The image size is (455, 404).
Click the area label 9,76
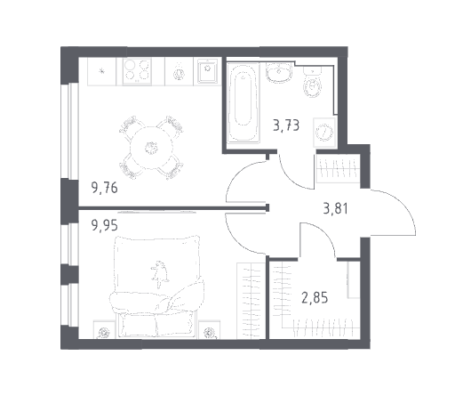(x=105, y=188)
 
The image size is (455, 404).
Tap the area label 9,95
(x=105, y=225)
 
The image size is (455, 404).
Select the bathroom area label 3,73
(x=286, y=125)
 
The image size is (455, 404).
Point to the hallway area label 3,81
(x=336, y=208)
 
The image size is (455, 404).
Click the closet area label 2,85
(x=315, y=298)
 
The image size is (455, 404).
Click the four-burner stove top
(x=137, y=71)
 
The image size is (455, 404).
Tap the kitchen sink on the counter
(x=207, y=71)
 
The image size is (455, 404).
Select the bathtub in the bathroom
(x=243, y=102)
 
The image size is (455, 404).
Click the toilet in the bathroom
(x=312, y=82)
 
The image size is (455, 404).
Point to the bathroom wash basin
(x=278, y=72)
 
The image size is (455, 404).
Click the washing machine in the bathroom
(x=324, y=133)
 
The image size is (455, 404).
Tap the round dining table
(x=151, y=148)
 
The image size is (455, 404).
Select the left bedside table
(x=104, y=329)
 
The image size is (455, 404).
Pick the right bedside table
(x=210, y=329)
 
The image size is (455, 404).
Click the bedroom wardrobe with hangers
(x=251, y=301)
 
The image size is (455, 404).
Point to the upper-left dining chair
(x=131, y=127)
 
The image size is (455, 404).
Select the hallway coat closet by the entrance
(x=338, y=168)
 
